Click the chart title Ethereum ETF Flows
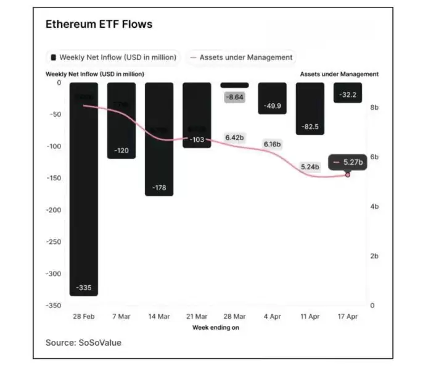(99, 25)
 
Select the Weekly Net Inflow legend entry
(113, 57)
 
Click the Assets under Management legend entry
(241, 57)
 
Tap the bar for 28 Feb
(83, 185)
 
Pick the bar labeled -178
(159, 139)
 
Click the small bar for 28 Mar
(234, 85)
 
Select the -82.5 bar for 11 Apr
(310, 108)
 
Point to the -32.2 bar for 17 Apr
(348, 93)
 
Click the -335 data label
(83, 288)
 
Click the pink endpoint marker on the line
(348, 175)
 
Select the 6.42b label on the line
(234, 138)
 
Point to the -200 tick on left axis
(54, 211)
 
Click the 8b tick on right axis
(374, 107)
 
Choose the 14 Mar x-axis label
(159, 316)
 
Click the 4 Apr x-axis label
(272, 316)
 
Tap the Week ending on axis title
(215, 327)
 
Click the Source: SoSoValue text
(83, 342)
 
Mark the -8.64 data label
(234, 98)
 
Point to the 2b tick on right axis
(374, 256)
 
